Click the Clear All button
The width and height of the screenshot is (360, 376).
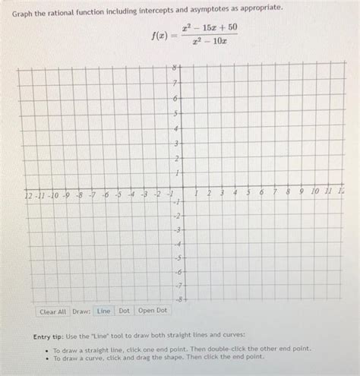coord(53,311)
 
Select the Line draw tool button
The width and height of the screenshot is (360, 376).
coord(103,311)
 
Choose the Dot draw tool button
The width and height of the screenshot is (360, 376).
coord(124,311)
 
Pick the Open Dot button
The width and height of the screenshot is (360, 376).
coord(153,311)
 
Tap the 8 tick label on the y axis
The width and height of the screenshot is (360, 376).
coord(174,68)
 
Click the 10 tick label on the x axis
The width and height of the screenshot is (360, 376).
coord(314,193)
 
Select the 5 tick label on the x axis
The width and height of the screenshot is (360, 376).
coord(248,193)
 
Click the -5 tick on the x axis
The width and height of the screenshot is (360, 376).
coord(119,194)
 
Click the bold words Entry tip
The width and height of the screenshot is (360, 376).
coord(52,336)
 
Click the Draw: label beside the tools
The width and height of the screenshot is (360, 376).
coord(81,311)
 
